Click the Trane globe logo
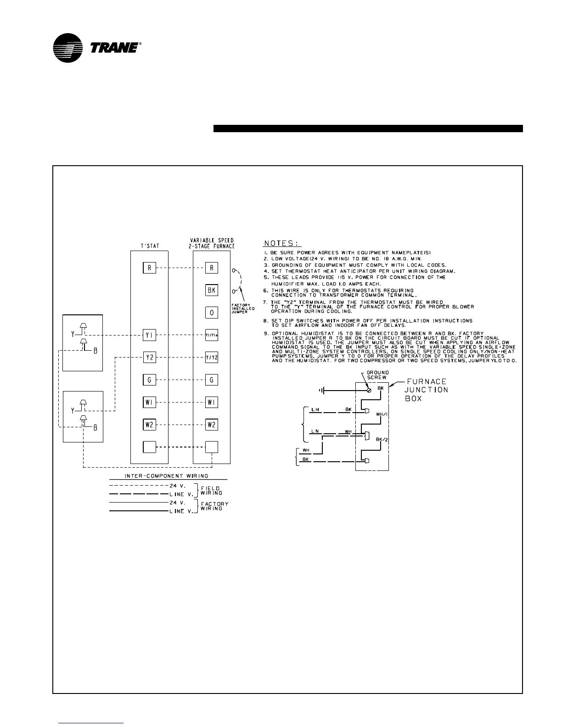click(x=67, y=48)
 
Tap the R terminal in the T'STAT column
click(x=150, y=268)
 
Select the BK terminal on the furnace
click(x=211, y=290)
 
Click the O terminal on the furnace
click(x=211, y=313)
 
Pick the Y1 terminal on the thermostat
click(x=150, y=335)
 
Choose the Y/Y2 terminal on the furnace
click(x=211, y=358)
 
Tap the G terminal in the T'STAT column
click(x=150, y=380)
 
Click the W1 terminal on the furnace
click(x=211, y=403)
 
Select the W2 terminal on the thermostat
click(x=150, y=425)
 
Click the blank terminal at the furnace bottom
click(x=211, y=447)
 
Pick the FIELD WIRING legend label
click(x=211, y=490)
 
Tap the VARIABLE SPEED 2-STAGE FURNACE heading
click(x=212, y=243)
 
